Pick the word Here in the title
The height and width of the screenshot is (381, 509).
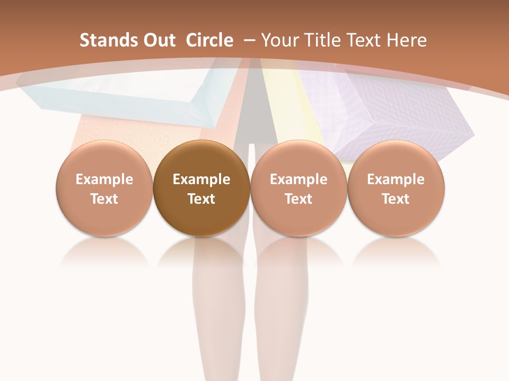tap(407, 40)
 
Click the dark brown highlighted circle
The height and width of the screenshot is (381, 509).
tap(201, 189)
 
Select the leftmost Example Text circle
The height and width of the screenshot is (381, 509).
tap(104, 189)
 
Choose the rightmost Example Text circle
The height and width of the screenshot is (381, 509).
tap(396, 189)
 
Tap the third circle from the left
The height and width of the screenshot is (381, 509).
tap(299, 189)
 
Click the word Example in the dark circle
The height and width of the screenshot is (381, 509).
tap(201, 179)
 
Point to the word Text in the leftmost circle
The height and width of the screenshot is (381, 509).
tap(104, 199)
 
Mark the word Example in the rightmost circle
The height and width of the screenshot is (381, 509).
tap(396, 179)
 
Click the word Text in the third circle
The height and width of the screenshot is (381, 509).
tap(299, 199)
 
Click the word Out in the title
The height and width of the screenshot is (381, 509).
tap(159, 40)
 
